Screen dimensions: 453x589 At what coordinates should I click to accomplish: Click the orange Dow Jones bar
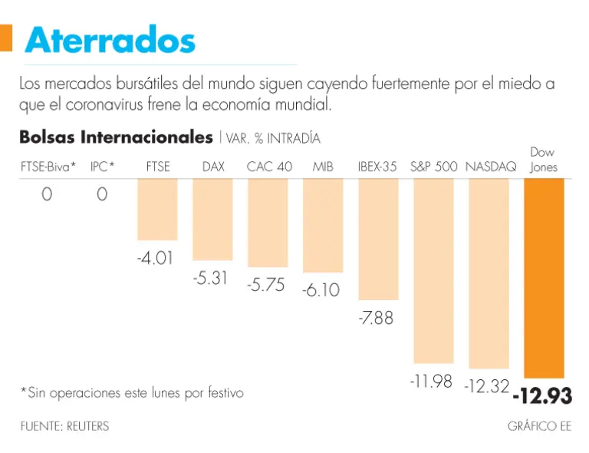[x=544, y=277]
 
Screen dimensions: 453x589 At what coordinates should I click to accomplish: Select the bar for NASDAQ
[x=489, y=273]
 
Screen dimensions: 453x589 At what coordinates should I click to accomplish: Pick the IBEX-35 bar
[x=378, y=239]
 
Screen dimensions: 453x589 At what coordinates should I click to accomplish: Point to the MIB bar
[x=323, y=225]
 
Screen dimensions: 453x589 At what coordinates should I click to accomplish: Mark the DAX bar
[x=212, y=219]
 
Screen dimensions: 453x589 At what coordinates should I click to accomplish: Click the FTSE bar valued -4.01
[x=157, y=209]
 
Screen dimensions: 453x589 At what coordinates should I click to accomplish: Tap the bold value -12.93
[x=542, y=396]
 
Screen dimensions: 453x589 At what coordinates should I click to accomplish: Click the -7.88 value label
[x=376, y=316]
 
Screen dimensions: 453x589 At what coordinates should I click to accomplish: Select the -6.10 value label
[x=321, y=290]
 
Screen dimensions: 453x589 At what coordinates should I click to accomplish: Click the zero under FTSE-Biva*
[x=47, y=195]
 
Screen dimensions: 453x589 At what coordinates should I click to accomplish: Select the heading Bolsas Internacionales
[x=116, y=137]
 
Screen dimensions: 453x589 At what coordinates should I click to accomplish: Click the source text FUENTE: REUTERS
[x=64, y=426]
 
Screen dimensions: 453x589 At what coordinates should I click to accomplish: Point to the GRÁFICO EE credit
[x=539, y=426]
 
